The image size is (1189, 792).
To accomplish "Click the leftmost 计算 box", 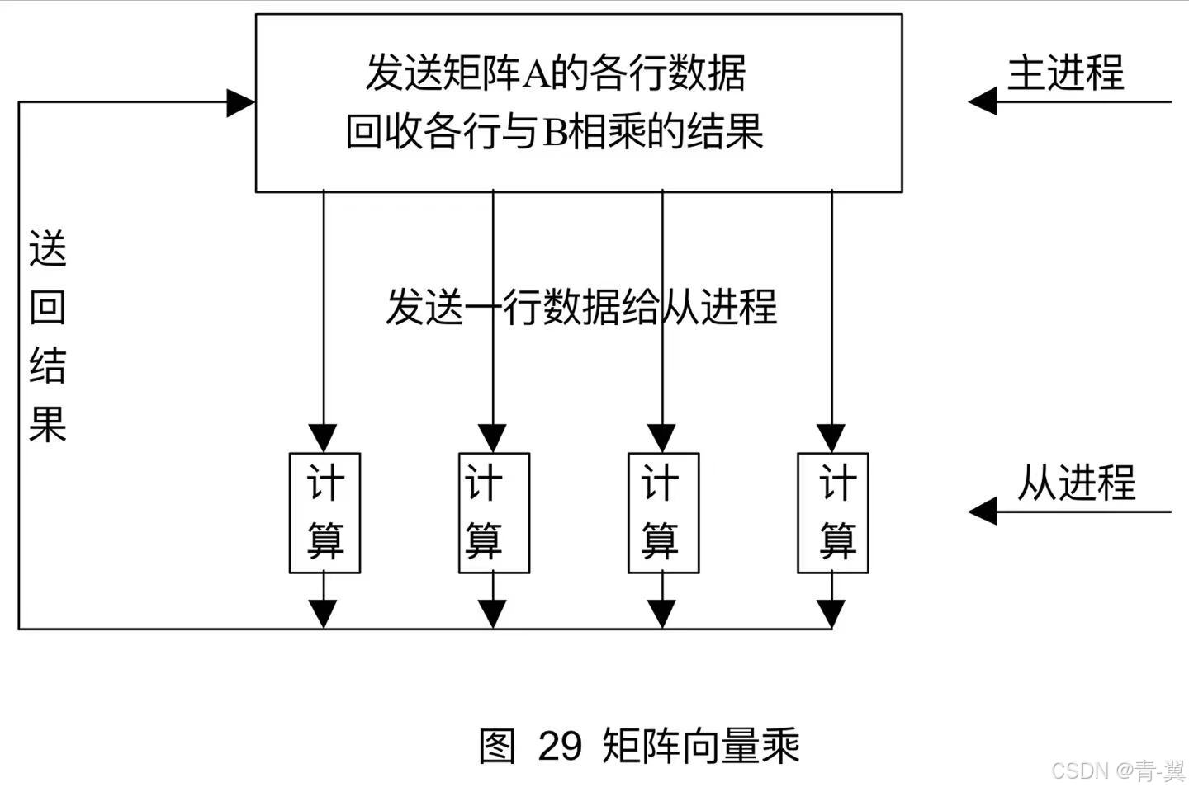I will (x=324, y=512).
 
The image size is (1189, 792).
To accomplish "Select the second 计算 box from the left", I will (x=494, y=512).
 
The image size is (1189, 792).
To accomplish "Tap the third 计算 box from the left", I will (x=663, y=512).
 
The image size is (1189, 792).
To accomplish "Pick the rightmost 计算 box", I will (x=832, y=512).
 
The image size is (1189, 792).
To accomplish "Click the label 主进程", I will (x=1065, y=73).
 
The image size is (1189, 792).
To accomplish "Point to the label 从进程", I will (x=1076, y=483).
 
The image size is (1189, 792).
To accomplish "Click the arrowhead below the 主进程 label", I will (x=983, y=102).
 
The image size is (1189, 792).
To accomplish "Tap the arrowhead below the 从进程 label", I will (x=983, y=511).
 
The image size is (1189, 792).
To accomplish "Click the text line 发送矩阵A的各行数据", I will (x=555, y=73).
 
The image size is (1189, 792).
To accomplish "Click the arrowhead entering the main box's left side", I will (x=241, y=103).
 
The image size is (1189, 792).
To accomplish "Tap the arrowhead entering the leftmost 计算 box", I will (x=324, y=438).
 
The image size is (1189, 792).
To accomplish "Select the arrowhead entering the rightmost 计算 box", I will (x=831, y=438).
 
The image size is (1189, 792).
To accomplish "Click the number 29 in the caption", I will (x=560, y=746).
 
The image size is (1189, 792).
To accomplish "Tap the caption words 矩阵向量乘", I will (x=701, y=746).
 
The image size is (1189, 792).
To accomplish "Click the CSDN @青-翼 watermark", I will (x=1118, y=771).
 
